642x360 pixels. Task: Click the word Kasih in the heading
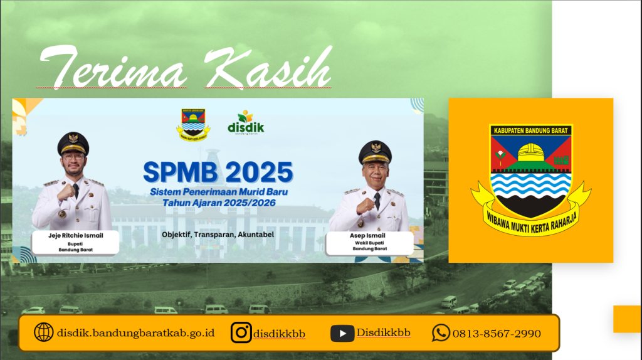click(x=268, y=67)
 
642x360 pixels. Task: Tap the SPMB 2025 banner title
click(x=218, y=172)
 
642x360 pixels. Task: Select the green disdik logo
click(x=246, y=122)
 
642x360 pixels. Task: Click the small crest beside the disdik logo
click(x=193, y=125)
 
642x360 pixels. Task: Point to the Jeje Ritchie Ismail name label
click(x=76, y=235)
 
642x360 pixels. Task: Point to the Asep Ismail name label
click(x=367, y=235)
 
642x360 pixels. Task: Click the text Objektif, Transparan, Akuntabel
click(x=218, y=235)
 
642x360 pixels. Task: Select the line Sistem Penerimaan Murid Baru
click(x=219, y=192)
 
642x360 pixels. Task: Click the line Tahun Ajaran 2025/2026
click(x=219, y=203)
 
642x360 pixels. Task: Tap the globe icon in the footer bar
click(x=43, y=332)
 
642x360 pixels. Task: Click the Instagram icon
click(x=241, y=332)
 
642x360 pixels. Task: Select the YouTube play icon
click(x=342, y=334)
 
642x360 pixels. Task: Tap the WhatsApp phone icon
click(x=441, y=332)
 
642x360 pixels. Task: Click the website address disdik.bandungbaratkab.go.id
click(x=135, y=333)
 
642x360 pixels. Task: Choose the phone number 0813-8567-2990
click(x=497, y=334)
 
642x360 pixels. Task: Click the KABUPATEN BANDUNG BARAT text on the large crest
click(x=530, y=130)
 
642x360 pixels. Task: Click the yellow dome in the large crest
click(x=531, y=152)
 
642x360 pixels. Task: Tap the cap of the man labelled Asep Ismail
click(x=375, y=152)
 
